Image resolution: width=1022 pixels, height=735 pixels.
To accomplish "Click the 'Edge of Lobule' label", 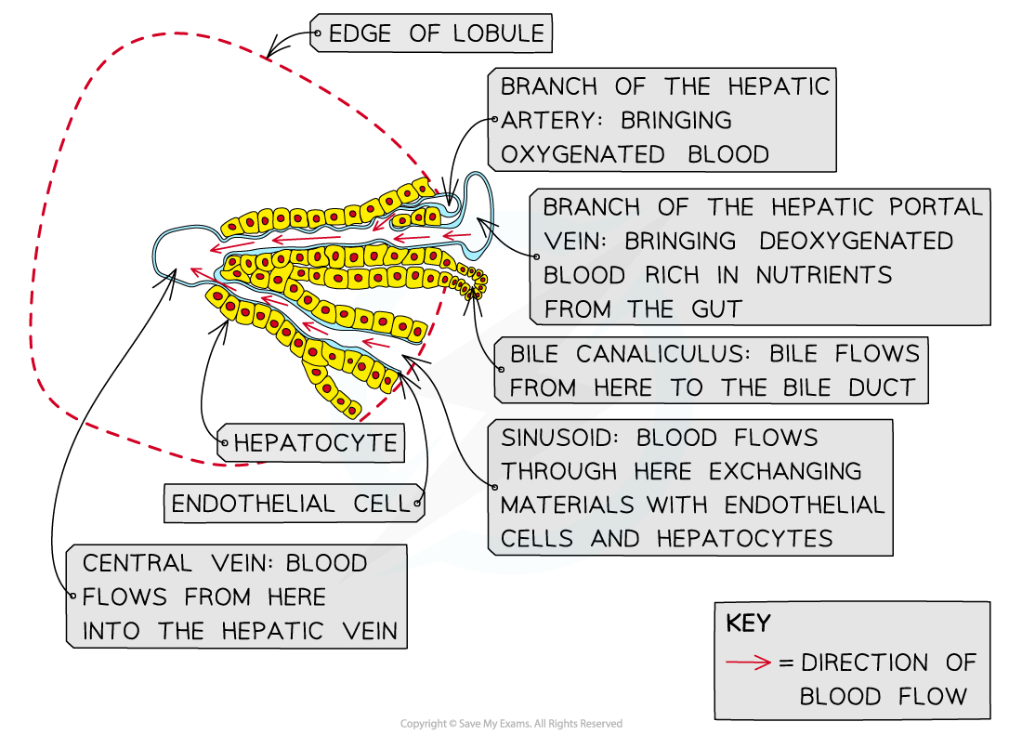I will point(430,33).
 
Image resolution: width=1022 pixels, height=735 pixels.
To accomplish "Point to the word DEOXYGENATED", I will point(856,241).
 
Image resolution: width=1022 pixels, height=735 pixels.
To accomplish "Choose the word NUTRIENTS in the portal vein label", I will point(823,275).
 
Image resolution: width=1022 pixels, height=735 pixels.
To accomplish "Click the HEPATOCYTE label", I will point(315,443).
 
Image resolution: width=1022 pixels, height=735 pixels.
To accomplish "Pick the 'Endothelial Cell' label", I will point(290,504).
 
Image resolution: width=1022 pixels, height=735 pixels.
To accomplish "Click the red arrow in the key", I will point(748,663).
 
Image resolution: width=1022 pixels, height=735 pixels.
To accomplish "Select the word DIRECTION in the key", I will point(864,663).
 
